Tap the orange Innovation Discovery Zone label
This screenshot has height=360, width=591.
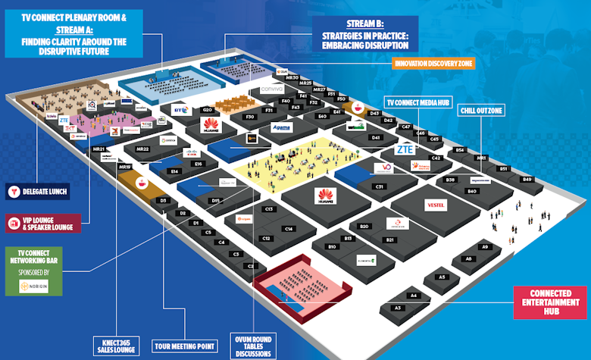click(433, 64)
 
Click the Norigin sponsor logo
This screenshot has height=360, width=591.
click(33, 286)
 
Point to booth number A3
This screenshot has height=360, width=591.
click(397, 308)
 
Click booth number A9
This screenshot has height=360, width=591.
click(486, 247)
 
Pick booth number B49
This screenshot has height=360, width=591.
click(527, 179)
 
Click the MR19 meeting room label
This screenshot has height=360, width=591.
click(125, 166)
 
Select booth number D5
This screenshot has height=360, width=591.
click(162, 200)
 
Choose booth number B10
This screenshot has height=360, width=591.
click(332, 247)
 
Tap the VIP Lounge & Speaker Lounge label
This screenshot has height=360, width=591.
click(45, 224)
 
